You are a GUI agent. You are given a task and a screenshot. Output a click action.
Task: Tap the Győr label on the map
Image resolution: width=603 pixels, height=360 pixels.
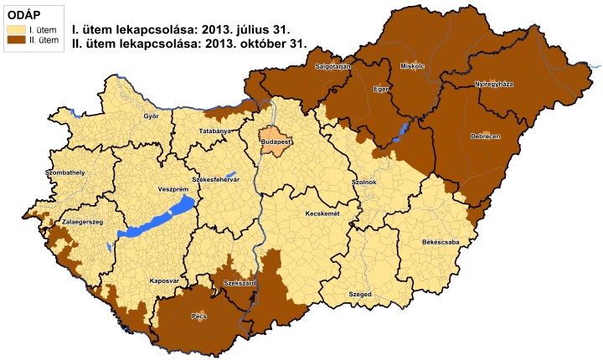coord(152,116)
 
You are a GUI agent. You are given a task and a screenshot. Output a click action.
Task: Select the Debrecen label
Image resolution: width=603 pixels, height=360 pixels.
coord(486,136)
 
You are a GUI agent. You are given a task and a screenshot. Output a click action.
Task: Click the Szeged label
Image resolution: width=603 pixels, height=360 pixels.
coord(359,294)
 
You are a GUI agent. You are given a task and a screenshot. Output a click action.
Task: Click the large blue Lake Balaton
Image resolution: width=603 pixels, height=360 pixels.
coord(155,219)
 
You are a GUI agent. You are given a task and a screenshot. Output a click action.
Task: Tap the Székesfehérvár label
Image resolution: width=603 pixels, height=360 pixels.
coord(216,179)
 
